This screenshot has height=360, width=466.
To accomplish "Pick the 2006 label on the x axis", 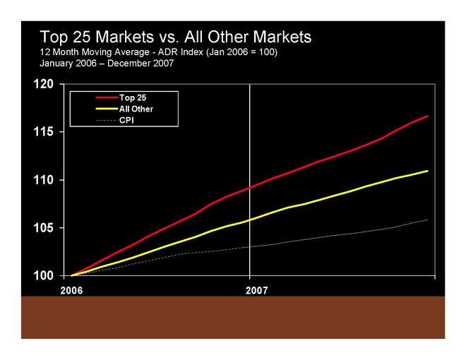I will pos(71,290).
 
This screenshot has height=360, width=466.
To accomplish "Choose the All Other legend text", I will pos(136,109).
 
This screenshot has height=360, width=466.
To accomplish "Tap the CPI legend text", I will pos(127,121).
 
